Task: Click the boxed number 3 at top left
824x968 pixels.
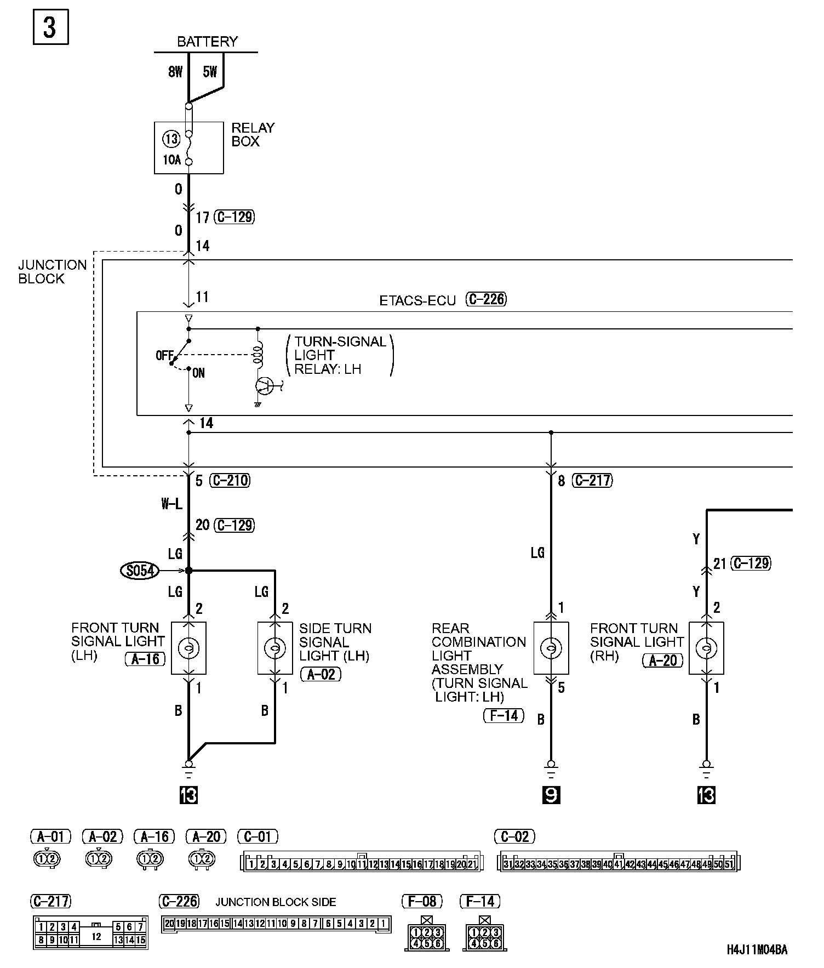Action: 50,27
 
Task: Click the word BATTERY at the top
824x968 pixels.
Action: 207,42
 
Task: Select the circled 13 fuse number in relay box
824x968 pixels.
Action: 171,139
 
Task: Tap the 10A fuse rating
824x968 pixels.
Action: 171,161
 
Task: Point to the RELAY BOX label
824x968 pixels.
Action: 253,134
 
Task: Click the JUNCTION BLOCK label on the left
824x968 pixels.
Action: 52,272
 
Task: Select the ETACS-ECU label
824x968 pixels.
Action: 417,301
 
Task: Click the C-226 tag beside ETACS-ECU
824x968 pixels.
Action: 486,299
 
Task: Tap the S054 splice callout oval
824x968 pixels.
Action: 140,571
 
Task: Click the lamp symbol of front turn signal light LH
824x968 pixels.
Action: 188,648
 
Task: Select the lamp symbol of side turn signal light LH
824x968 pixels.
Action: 275,648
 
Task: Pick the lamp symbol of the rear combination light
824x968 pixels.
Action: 551,648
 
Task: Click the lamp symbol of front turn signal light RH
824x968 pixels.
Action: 706,648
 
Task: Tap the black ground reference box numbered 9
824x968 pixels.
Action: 551,795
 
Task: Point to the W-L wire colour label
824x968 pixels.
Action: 171,504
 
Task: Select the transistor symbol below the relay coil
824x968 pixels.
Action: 265,386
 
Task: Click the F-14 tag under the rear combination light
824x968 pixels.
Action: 503,715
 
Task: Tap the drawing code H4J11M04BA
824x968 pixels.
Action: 757,950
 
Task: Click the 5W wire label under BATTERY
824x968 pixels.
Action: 210,72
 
